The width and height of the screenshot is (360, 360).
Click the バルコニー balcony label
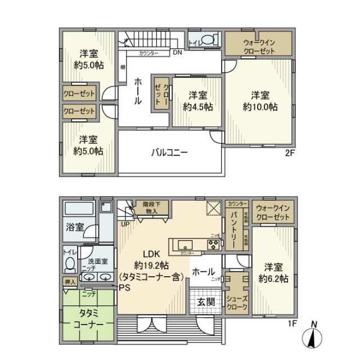pos(169,152)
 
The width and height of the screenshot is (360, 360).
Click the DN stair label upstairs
pos(177,53)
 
